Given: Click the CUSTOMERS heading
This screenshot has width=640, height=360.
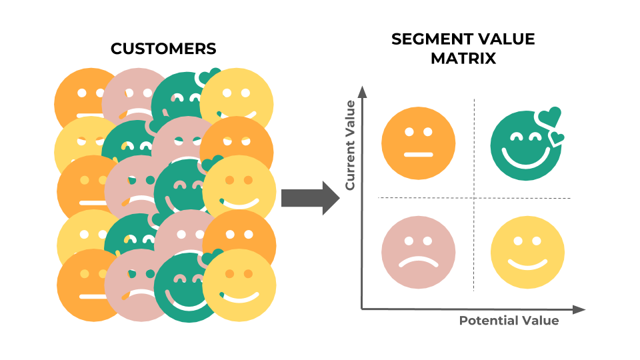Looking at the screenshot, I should click(x=163, y=49).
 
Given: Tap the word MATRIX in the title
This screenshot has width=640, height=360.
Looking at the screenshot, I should click(x=463, y=58).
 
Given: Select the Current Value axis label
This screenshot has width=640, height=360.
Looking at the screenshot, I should click(x=350, y=144).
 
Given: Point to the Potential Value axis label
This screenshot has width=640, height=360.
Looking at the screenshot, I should click(x=509, y=321).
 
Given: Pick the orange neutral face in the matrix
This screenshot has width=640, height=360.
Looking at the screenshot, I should click(x=419, y=144).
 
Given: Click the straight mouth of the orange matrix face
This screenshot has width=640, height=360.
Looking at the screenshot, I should click(x=419, y=155).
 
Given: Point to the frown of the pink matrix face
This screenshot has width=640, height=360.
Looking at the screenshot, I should click(x=419, y=262).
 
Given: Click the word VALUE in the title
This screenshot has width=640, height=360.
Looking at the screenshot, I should click(x=511, y=39).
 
